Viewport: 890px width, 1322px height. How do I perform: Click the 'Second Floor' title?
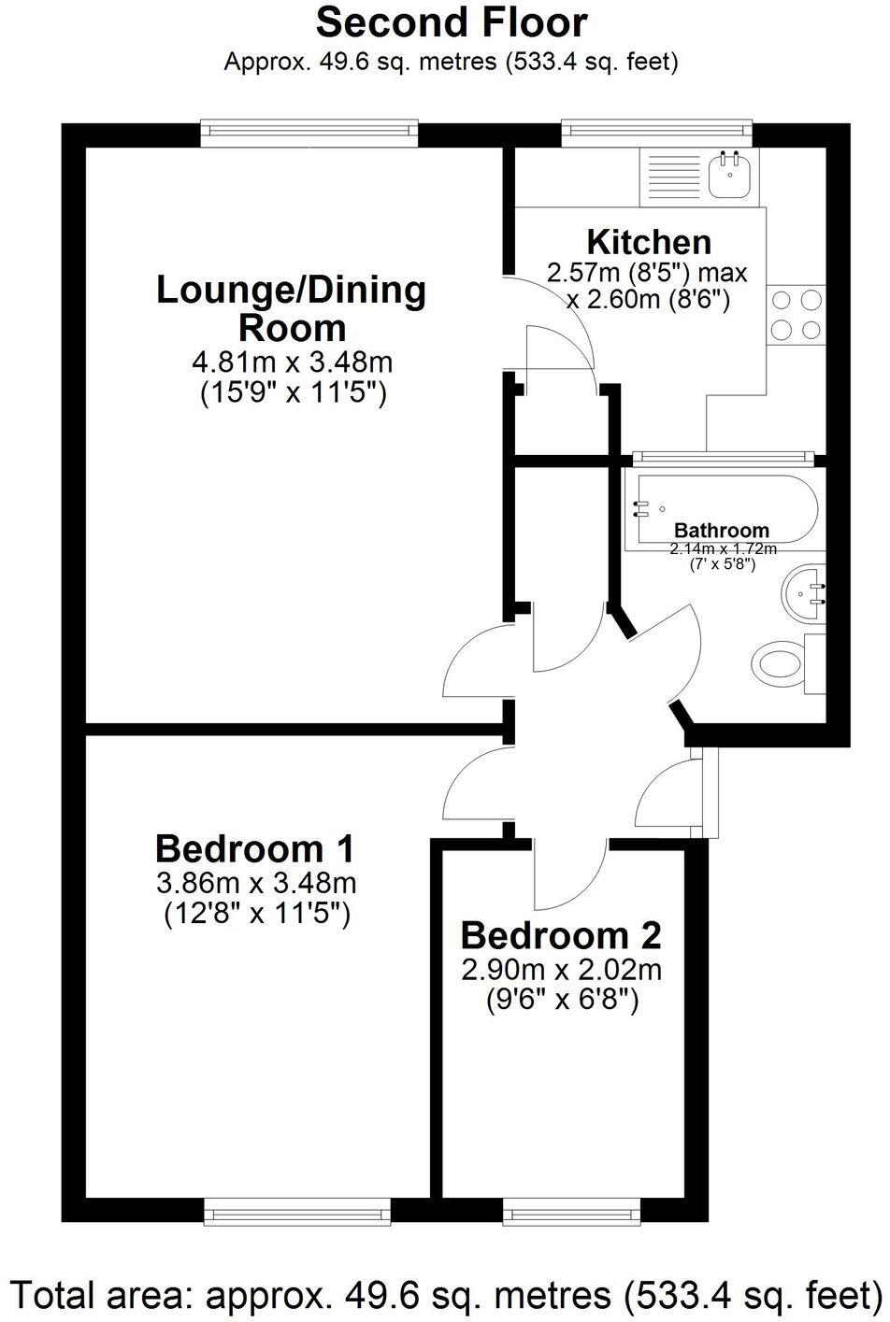[x=452, y=22]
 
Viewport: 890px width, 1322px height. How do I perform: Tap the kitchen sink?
[x=729, y=176]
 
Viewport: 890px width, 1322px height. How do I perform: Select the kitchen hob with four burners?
[x=797, y=315]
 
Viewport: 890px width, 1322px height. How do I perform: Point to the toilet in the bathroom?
[x=781, y=663]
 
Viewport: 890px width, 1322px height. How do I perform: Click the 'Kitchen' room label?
[x=648, y=242]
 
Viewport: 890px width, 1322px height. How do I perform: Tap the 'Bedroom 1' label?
[x=255, y=849]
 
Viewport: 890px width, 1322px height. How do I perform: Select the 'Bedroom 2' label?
[x=561, y=935]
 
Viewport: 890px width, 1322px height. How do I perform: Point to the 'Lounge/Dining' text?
[x=291, y=290]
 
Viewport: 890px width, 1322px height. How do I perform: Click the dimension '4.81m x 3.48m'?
[x=291, y=361]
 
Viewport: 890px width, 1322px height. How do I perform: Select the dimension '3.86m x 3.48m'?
[x=256, y=882]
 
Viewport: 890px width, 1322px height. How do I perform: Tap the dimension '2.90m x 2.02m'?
[x=561, y=970]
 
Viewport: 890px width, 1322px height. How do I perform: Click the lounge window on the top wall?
[x=309, y=134]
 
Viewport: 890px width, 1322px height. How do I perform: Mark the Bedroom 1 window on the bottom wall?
[x=297, y=1213]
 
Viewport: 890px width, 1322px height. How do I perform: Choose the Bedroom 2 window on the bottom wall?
[x=572, y=1213]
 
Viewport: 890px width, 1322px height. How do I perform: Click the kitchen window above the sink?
[x=656, y=134]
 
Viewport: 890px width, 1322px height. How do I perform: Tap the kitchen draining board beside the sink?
[x=671, y=178]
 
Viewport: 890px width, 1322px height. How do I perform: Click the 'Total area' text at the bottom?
[x=445, y=1294]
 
